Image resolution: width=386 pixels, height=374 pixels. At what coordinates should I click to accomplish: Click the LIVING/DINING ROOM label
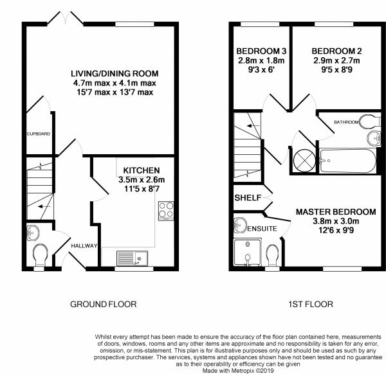point(113,73)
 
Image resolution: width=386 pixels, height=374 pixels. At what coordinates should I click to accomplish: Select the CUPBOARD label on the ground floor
point(38,134)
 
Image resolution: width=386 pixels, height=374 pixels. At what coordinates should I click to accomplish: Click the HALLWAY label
point(84,245)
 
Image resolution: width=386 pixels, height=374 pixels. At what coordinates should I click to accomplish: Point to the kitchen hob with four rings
point(166,209)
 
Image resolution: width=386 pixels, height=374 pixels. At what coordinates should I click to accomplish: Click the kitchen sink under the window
point(133,258)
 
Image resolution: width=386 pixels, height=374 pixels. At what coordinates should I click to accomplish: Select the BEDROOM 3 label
point(261,51)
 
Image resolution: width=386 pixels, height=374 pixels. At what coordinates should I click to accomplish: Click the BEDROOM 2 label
point(336,51)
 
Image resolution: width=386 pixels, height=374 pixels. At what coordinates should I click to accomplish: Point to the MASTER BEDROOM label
point(335,211)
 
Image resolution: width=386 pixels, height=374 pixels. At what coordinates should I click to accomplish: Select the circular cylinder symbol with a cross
point(304,160)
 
